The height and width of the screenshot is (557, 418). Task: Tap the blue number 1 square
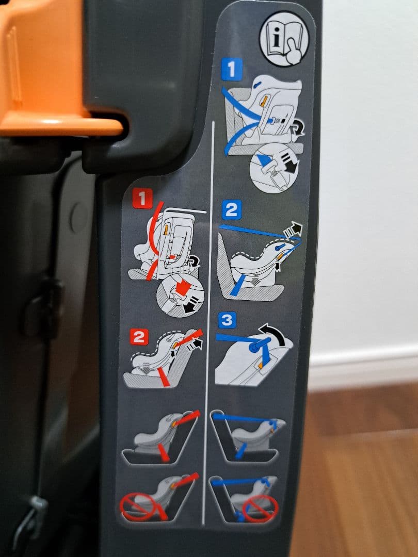point(231,69)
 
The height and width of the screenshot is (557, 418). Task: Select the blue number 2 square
point(231,210)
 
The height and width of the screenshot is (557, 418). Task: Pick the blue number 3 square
point(227,320)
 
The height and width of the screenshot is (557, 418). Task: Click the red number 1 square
point(142,198)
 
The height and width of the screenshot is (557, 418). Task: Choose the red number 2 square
point(139,337)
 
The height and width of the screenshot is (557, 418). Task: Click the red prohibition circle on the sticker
point(138,506)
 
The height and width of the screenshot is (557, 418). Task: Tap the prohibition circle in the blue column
point(261,509)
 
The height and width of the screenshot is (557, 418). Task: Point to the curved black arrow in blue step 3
point(275,332)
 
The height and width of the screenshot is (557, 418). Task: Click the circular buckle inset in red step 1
point(180,296)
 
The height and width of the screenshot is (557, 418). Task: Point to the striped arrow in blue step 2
point(293,230)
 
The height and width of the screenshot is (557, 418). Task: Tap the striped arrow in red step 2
point(196,343)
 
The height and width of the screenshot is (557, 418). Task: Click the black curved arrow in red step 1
point(194,261)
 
